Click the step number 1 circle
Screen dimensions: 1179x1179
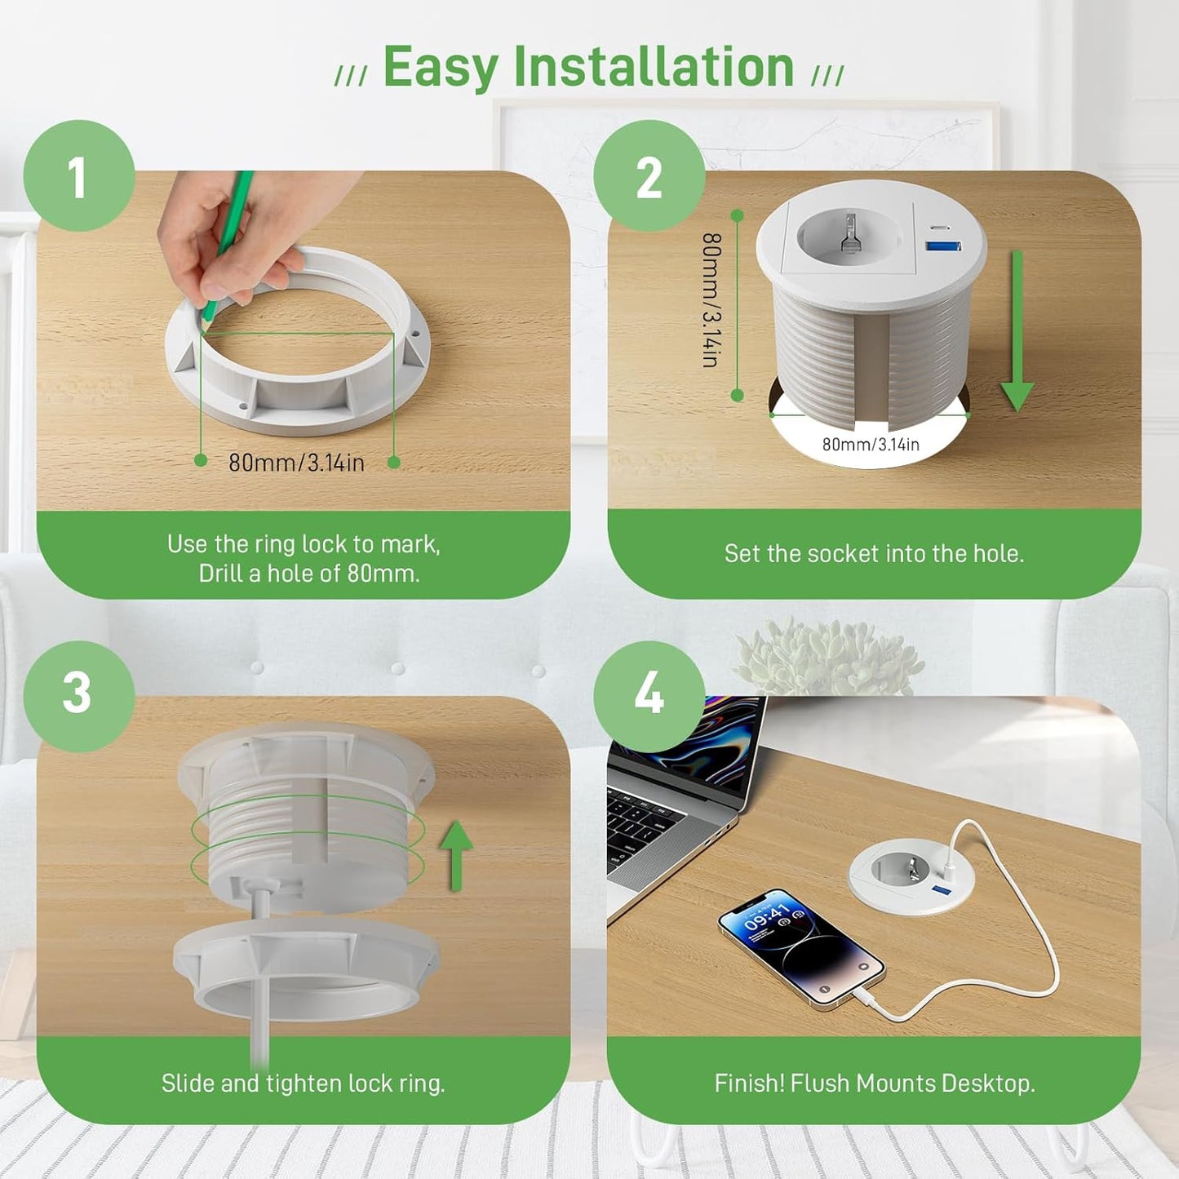click(79, 176)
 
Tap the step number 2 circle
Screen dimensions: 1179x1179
click(649, 176)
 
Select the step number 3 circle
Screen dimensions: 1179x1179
click(79, 696)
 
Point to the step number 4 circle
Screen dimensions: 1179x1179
click(649, 696)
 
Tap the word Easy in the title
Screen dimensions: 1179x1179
click(439, 69)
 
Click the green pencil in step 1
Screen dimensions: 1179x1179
click(228, 245)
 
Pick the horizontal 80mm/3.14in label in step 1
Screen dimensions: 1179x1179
click(297, 463)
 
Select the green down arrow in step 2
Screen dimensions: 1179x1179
click(1017, 331)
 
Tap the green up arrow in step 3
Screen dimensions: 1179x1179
click(456, 855)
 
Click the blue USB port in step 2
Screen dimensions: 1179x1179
click(943, 246)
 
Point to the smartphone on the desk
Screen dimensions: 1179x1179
click(801, 946)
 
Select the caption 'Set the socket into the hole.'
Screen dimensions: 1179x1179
click(874, 554)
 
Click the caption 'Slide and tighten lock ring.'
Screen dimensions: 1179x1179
click(303, 1084)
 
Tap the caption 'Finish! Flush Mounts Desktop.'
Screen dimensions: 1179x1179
click(875, 1084)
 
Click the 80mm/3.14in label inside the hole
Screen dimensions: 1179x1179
click(871, 444)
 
